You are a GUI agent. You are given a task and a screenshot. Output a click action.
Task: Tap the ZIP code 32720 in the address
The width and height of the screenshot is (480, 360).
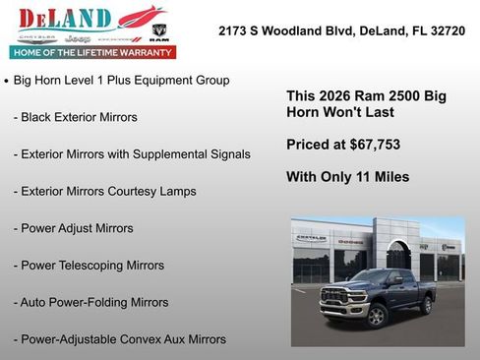[x=446, y=31]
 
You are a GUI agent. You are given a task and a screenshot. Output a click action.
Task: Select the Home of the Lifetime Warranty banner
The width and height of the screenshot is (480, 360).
[x=92, y=52]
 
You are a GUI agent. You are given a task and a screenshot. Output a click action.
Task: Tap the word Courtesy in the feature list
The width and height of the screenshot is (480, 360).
[x=139, y=191]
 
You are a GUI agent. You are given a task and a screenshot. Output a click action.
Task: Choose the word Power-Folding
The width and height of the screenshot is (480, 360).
[x=91, y=302]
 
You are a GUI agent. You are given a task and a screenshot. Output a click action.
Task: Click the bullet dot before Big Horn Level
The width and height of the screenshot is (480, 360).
[x=7, y=81]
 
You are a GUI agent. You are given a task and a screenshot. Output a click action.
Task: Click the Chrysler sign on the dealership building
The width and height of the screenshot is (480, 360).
[x=311, y=239]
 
